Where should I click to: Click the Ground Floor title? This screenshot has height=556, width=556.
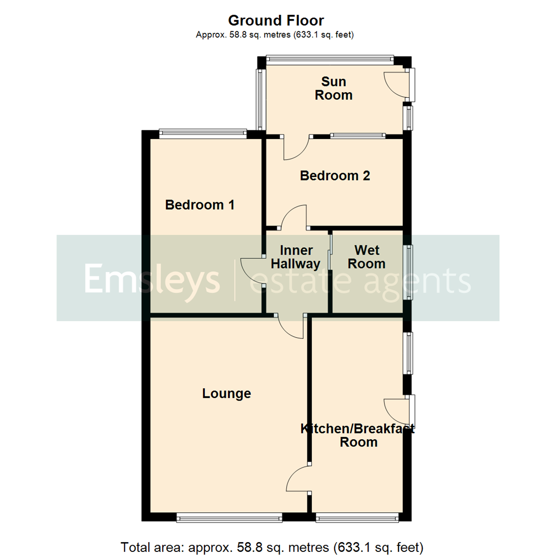[275, 21]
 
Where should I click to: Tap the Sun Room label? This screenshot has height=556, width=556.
[334, 88]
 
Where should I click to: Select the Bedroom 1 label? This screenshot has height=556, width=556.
[200, 205]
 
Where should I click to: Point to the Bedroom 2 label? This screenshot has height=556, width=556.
[335, 176]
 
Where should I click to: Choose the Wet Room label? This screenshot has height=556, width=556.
[367, 257]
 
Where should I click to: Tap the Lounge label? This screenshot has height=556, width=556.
[227, 394]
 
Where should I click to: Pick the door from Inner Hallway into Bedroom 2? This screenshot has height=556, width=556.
[294, 216]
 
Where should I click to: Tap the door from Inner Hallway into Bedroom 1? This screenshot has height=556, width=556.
[252, 270]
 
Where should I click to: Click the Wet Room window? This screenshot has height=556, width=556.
[410, 272]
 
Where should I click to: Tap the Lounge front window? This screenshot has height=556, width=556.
[229, 518]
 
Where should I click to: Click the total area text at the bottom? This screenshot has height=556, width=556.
[272, 546]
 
